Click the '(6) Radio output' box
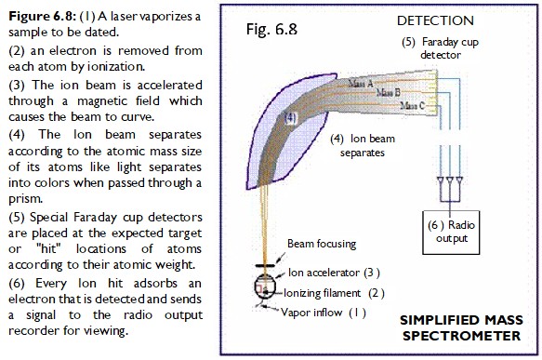(451, 232)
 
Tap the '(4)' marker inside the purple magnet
(290, 119)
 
